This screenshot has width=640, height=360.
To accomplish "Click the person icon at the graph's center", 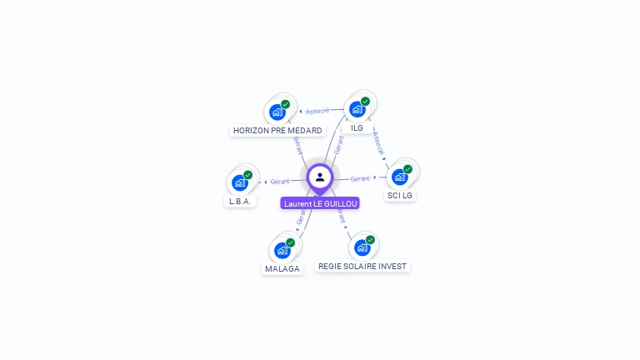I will [320, 177].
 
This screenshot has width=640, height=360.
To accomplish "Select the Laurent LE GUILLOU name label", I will [320, 203].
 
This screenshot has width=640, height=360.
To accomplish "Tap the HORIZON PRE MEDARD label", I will [277, 131].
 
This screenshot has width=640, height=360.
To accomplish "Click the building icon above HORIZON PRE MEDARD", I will [277, 112].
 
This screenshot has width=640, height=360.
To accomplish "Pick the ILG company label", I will [357, 128].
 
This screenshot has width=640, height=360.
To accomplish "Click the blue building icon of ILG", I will [357, 109].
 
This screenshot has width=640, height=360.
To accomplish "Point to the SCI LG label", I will [400, 196].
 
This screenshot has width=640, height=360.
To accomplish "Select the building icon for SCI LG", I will [400, 177].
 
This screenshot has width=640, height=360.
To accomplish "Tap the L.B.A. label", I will [240, 202].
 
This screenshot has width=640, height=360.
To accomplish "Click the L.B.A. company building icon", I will [240, 182].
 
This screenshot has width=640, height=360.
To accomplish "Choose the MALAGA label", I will [282, 269].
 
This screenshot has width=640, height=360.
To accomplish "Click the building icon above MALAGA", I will [282, 250].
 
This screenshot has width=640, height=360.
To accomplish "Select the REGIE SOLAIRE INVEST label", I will [362, 267].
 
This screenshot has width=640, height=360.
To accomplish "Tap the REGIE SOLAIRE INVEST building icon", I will [362, 247].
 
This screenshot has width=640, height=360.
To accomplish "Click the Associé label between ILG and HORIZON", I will [317, 111].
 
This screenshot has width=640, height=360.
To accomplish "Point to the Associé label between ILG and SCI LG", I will [379, 142].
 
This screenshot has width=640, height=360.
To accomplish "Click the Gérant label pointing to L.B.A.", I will [280, 181].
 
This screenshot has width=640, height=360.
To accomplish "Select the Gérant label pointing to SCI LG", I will [360, 178].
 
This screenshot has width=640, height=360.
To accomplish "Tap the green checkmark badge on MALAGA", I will [290, 242].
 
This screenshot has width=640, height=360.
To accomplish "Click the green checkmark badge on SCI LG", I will [407, 169].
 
